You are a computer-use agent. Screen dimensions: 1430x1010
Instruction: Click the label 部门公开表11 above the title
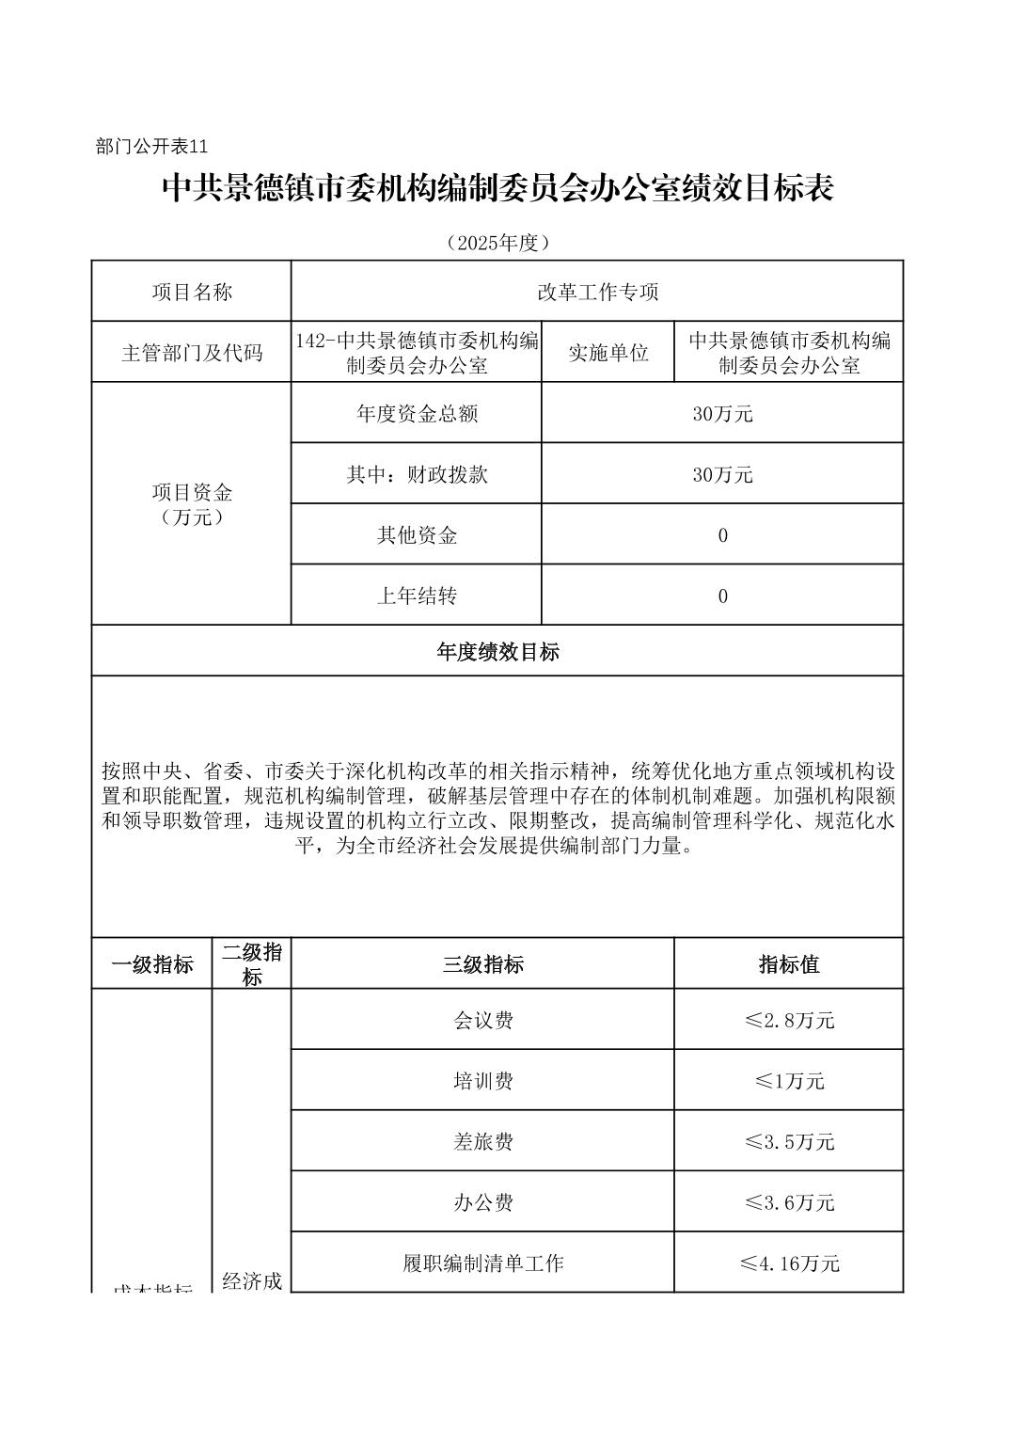[x=151, y=147]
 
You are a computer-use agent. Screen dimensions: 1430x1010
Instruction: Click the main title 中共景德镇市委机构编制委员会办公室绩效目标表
[x=498, y=188]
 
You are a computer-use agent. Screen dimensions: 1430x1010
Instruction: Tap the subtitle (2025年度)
[x=497, y=243]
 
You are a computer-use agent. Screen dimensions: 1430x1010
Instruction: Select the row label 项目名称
[x=191, y=292]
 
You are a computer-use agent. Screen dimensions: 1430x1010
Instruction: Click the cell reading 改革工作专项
[x=597, y=292]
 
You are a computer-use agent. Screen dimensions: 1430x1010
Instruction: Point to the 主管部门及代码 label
[x=191, y=353]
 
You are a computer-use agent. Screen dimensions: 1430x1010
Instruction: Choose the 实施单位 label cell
[x=608, y=353]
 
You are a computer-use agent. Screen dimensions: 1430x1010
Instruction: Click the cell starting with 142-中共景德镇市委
[x=417, y=353]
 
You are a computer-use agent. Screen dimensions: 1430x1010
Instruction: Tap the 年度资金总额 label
[x=417, y=414]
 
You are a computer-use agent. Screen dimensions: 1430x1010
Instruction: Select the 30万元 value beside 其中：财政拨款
[x=722, y=474]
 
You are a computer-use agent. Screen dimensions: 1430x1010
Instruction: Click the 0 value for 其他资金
[x=722, y=535]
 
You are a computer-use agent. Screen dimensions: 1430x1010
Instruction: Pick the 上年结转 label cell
[x=417, y=596]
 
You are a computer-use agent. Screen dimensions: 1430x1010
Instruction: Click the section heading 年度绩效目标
[x=497, y=651]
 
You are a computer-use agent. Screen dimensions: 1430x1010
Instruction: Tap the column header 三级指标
[x=482, y=964]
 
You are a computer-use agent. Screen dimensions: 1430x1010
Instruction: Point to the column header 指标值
[x=788, y=964]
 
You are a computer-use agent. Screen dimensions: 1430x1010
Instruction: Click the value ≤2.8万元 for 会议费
[x=788, y=1021]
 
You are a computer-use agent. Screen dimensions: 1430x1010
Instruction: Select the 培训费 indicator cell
[x=482, y=1081]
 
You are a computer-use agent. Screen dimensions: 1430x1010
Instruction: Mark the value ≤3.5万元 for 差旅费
[x=788, y=1142]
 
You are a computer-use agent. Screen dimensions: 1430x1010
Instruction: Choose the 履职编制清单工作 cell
[x=482, y=1263]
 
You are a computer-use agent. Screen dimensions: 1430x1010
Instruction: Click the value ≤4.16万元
[x=788, y=1263]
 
